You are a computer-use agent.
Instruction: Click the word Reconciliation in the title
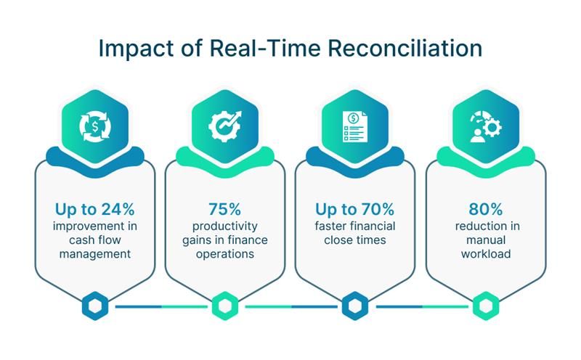(x=405, y=48)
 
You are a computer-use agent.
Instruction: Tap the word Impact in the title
(x=136, y=49)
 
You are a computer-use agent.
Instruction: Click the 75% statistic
(x=224, y=209)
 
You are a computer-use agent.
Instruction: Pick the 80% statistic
(x=486, y=209)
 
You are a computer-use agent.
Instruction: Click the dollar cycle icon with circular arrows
(x=95, y=127)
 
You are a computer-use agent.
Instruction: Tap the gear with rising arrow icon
(x=224, y=126)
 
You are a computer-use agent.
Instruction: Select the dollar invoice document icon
(x=355, y=127)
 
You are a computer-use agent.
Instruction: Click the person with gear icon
(x=486, y=127)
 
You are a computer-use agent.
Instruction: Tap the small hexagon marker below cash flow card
(x=95, y=306)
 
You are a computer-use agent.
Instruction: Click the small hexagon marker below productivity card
(x=225, y=306)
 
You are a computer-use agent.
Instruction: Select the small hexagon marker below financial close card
(x=355, y=306)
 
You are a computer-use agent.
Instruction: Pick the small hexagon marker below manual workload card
(x=486, y=306)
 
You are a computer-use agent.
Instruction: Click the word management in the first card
(x=95, y=255)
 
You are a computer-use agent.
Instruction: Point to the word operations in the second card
(x=225, y=255)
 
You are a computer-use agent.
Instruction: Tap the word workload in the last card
(x=486, y=254)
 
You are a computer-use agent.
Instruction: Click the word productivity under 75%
(x=225, y=226)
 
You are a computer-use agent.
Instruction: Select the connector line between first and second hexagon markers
(x=161, y=307)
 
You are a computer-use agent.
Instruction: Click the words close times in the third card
(x=355, y=240)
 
